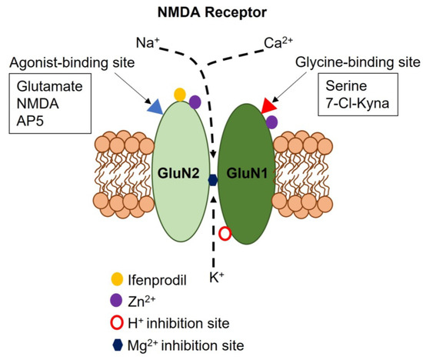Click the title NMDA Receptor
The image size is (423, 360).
pyautogui.click(x=212, y=12)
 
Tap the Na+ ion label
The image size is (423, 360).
pyautogui.click(x=148, y=43)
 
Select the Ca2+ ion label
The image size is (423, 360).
pyautogui.click(x=278, y=42)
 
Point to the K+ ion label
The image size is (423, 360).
pyautogui.click(x=217, y=277)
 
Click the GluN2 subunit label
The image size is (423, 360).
pyautogui.click(x=178, y=173)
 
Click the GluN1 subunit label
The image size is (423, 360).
pyautogui.click(x=247, y=173)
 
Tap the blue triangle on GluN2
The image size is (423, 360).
pyautogui.click(x=155, y=106)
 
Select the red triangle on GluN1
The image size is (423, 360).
pyautogui.click(x=269, y=106)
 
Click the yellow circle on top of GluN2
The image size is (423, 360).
pyautogui.click(x=180, y=95)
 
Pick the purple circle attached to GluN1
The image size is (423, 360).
pyautogui.click(x=271, y=122)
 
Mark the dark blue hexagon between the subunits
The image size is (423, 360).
pyautogui.click(x=213, y=180)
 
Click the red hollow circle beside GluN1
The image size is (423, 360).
pyautogui.click(x=225, y=234)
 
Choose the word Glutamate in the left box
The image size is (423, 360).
pyautogui.click(x=50, y=86)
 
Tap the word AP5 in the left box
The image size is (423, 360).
pyautogui.click(x=30, y=121)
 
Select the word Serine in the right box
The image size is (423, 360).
pyautogui.click(x=346, y=86)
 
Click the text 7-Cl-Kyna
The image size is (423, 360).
pyautogui.click(x=358, y=103)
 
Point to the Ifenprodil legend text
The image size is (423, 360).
pyautogui.click(x=157, y=280)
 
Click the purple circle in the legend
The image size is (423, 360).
pyautogui.click(x=117, y=300)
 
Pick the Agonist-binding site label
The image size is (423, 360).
pyautogui.click(x=72, y=63)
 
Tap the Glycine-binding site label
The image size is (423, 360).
pyautogui.click(x=358, y=62)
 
